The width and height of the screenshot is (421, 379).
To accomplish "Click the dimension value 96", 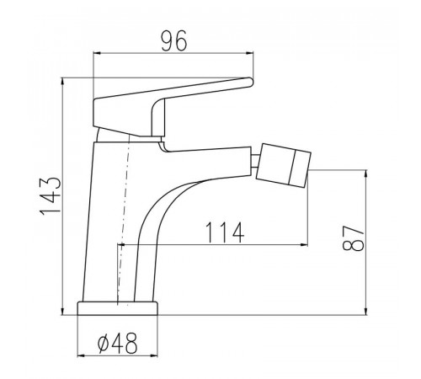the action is tap(174, 40).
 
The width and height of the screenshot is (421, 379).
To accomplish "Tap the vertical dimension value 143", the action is tap(51, 196).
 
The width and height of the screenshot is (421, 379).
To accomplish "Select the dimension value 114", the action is tap(225, 232).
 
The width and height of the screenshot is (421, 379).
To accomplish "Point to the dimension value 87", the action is tap(353, 238).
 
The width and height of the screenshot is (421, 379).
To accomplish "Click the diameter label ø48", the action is tap(117, 343).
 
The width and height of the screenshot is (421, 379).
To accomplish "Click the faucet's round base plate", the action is tap(118, 308).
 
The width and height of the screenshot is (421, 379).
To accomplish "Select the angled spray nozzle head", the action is tap(284, 165).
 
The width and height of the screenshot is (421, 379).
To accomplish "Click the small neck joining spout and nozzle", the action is tap(255, 161).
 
